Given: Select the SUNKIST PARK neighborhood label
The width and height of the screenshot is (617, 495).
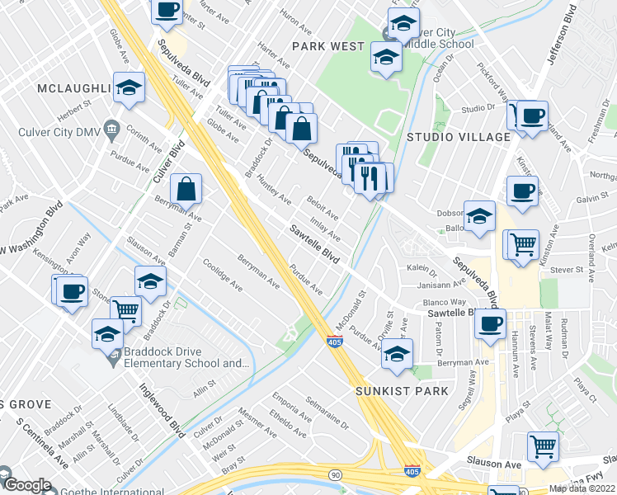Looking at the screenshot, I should pos(402,390).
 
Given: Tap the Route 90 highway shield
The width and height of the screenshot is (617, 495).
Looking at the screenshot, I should pos(334,475).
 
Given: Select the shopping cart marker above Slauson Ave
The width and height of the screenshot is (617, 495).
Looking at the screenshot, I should pos(544,446).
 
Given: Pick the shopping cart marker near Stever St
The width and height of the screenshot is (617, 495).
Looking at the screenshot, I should pos(522,244).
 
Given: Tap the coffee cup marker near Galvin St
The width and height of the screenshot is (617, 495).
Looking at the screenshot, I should pos(522,191).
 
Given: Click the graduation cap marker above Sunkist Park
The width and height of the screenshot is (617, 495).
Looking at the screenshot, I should pos(398,354).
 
